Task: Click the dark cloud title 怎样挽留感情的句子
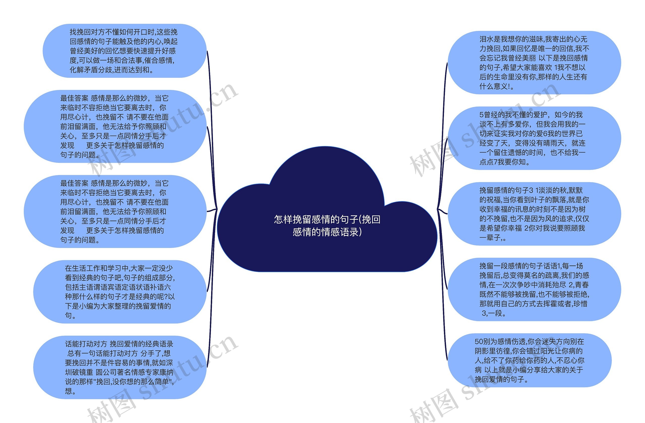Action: (x=327, y=225)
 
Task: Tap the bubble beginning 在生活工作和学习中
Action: (x=120, y=292)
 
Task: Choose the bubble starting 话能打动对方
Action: (x=120, y=367)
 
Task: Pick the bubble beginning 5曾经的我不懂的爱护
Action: (x=534, y=138)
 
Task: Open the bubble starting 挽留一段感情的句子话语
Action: (x=534, y=289)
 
